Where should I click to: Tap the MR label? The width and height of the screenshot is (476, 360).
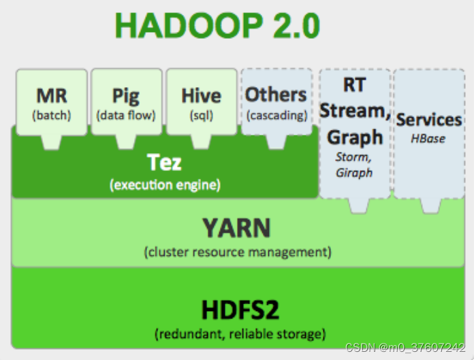[52, 95]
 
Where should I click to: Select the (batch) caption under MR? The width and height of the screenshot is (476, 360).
[52, 115]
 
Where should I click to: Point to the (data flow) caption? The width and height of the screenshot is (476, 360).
[126, 115]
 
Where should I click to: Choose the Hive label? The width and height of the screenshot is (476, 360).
[201, 96]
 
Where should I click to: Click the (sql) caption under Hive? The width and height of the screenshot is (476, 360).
[201, 115]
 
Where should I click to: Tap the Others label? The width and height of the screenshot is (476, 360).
[276, 95]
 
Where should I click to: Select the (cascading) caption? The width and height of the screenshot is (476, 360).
[276, 115]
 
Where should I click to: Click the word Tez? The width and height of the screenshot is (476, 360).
[164, 162]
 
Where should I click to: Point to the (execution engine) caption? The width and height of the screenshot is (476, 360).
[165, 184]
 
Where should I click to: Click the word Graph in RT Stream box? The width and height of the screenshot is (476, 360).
[355, 137]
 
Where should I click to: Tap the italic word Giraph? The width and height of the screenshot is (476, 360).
[354, 172]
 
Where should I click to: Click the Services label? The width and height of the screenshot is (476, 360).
[429, 120]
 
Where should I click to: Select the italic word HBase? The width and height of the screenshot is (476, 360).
[428, 138]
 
